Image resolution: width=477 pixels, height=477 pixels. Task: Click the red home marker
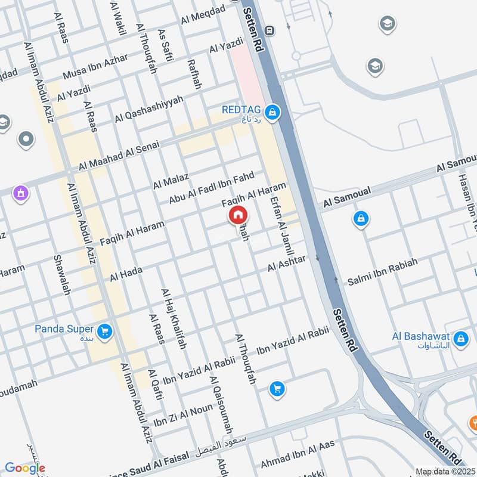(x=237, y=215)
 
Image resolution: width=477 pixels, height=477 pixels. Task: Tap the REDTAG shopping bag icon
(x=272, y=111)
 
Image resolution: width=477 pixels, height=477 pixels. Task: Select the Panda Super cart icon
(x=105, y=330)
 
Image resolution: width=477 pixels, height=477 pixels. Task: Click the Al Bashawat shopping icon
(x=460, y=340)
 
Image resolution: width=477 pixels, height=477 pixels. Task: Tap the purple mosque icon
(x=21, y=193)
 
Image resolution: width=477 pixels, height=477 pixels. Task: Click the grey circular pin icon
(x=26, y=140)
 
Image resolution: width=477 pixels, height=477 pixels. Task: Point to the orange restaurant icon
(x=473, y=424)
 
